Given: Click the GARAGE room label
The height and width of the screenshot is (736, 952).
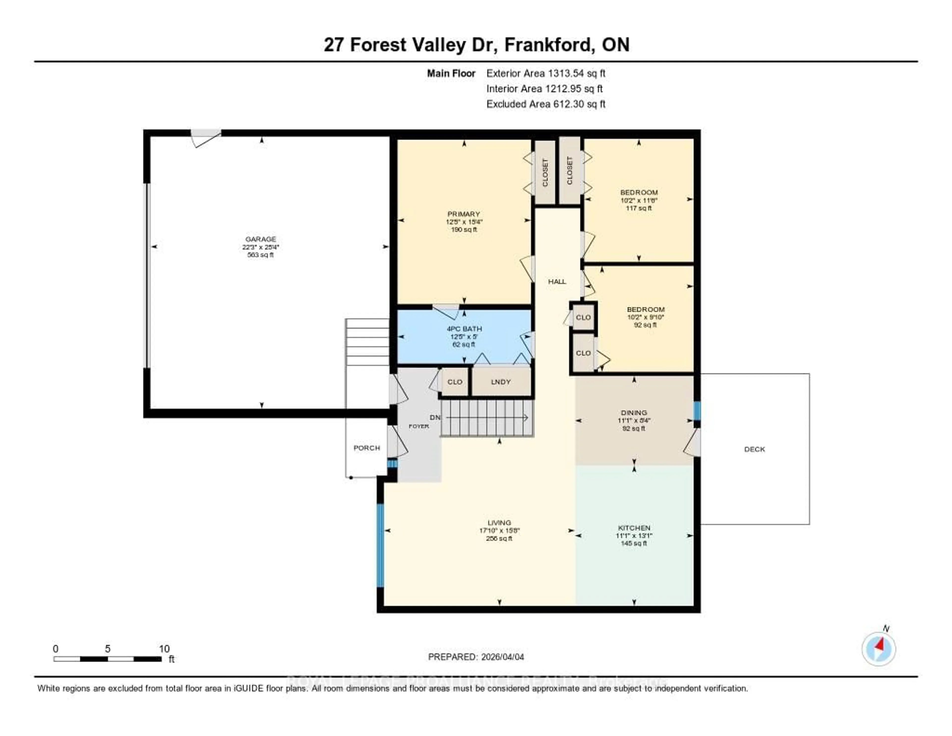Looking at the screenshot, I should tap(261, 239).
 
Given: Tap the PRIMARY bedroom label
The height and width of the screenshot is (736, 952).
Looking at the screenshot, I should tap(464, 214).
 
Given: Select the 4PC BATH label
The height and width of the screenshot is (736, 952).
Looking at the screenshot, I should tap(464, 329).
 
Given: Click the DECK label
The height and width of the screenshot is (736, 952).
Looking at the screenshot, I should tap(755, 449).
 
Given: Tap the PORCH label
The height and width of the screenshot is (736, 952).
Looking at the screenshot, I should tap(367, 448).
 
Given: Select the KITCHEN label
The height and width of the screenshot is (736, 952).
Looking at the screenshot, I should tap(634, 528).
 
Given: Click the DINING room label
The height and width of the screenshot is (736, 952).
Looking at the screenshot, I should tap(634, 412).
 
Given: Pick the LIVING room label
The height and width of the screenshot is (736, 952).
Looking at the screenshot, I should tap(499, 522).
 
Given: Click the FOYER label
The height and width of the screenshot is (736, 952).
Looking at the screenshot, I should tap(418, 426).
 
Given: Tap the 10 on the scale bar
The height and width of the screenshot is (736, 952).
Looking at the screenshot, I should tap(164, 649).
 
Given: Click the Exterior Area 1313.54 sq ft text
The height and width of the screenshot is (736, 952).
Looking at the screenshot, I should tap(546, 73).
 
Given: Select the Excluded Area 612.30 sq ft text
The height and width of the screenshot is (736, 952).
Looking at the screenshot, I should tap(546, 104).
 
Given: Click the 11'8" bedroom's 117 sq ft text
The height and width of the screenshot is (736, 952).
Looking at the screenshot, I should tap(639, 208).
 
